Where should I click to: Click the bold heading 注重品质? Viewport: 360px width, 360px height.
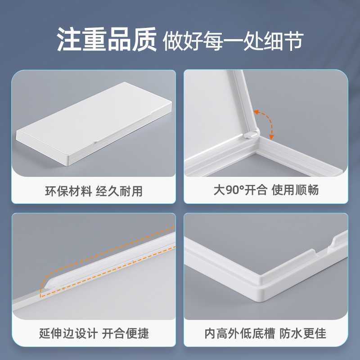[x=106, y=40]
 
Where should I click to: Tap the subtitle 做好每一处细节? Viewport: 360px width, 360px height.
[x=233, y=41]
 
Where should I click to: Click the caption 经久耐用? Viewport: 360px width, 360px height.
[x=120, y=191]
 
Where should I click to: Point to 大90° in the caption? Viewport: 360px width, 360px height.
[x=229, y=190]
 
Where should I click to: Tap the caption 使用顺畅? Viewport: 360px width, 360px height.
[x=295, y=190]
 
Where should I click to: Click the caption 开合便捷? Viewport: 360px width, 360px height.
[x=125, y=333]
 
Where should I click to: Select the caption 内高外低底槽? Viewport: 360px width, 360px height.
[x=239, y=333]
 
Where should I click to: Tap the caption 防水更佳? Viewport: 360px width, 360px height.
[x=303, y=333]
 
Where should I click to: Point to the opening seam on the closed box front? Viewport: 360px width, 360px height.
[x=95, y=141]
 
